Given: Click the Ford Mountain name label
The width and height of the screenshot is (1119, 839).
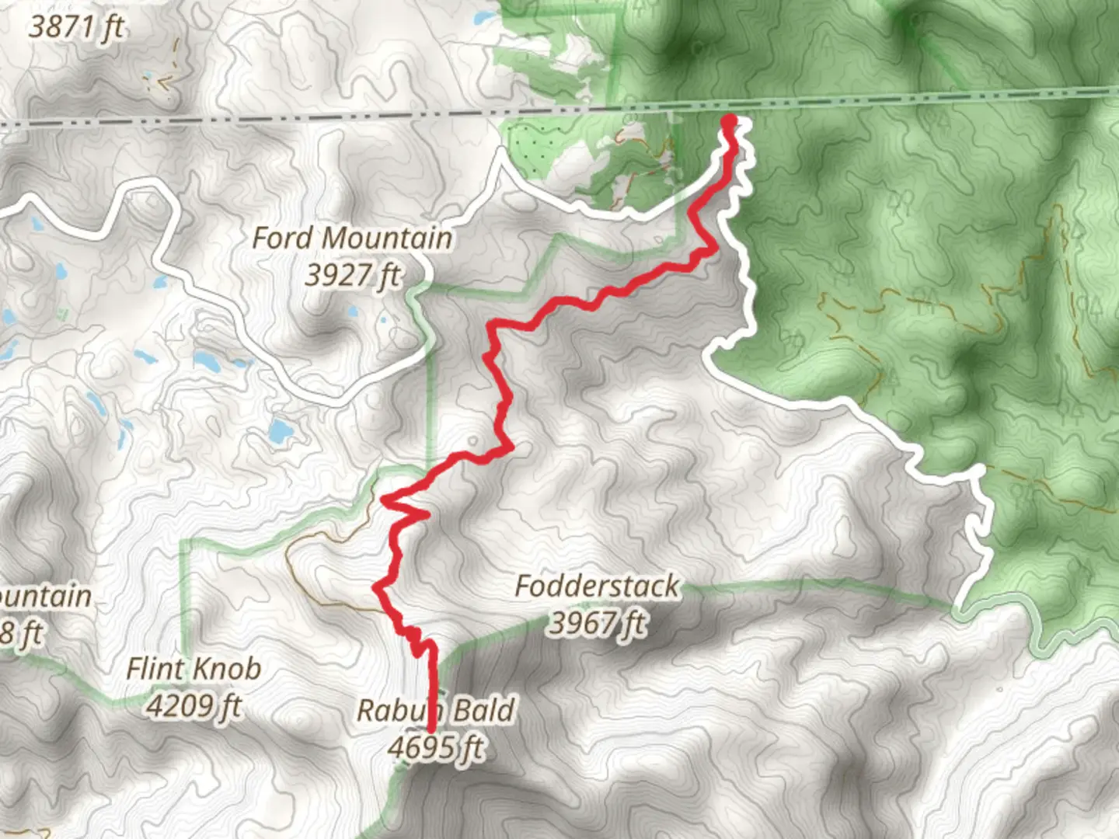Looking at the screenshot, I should pyautogui.click(x=352, y=238).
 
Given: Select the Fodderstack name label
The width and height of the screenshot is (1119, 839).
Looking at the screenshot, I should pyautogui.click(x=597, y=586).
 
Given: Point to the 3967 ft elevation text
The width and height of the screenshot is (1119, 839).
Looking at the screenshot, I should pyautogui.click(x=597, y=622).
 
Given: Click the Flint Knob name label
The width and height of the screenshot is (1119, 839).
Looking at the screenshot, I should pyautogui.click(x=193, y=668).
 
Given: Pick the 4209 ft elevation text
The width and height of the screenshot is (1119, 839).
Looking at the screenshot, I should pyautogui.click(x=193, y=705).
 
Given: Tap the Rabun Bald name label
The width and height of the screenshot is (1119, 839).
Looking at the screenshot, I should pyautogui.click(x=435, y=710).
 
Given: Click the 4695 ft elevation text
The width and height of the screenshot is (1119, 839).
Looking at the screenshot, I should pyautogui.click(x=435, y=747).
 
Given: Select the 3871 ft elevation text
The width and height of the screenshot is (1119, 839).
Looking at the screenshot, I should pyautogui.click(x=76, y=27).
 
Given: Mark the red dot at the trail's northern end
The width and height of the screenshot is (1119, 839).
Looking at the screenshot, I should pyautogui.click(x=729, y=120).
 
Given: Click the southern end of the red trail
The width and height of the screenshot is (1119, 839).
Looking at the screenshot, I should pyautogui.click(x=431, y=729).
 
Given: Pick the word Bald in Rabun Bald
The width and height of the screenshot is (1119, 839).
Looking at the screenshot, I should pyautogui.click(x=483, y=710).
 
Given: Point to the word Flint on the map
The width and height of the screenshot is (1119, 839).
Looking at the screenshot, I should pyautogui.click(x=155, y=668).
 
